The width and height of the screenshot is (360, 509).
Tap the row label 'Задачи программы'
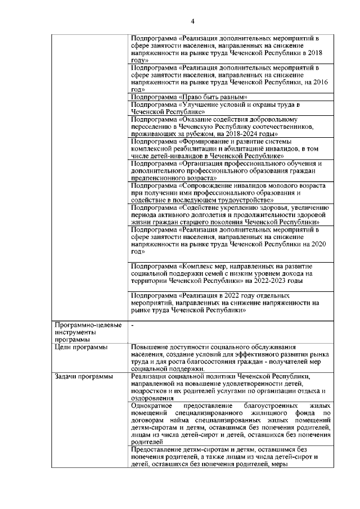(80, 376)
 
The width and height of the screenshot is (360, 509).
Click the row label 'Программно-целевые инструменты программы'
(77, 332)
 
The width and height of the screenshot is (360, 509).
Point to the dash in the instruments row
(132, 326)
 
